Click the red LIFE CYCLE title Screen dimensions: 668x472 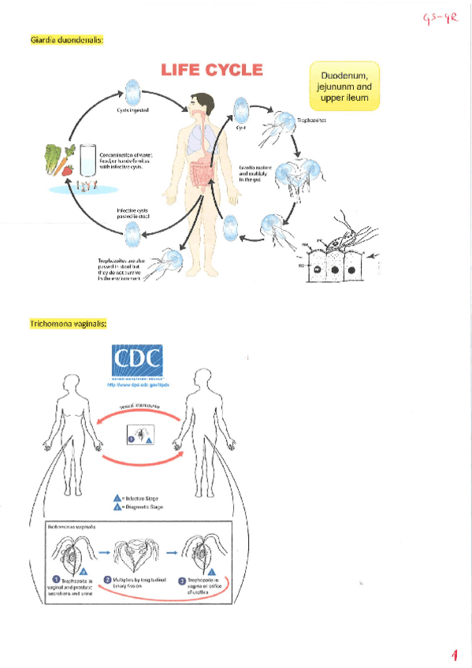tap(211, 70)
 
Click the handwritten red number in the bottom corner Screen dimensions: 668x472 tap(455, 654)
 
